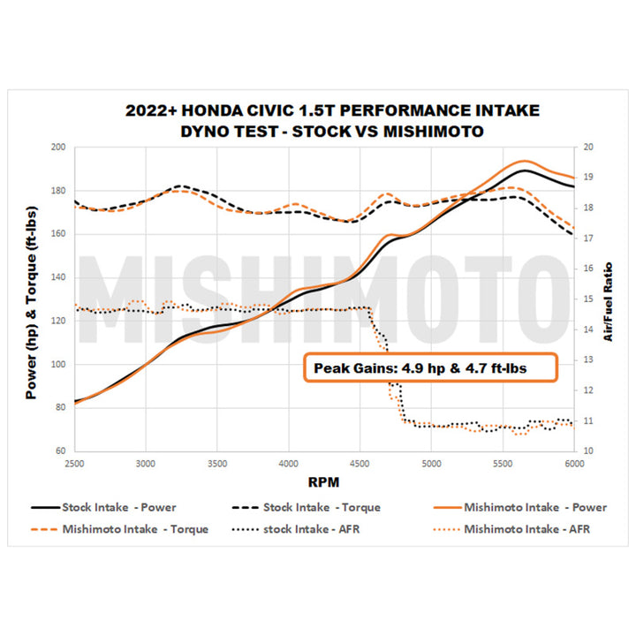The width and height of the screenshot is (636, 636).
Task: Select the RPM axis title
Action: [x=323, y=482]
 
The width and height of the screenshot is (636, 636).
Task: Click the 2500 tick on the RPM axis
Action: [x=74, y=462]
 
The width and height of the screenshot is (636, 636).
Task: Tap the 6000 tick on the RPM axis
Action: [x=574, y=462]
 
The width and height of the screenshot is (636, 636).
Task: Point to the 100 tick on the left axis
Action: [x=57, y=364]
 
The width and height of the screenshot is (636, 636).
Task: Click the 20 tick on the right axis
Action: [x=588, y=148]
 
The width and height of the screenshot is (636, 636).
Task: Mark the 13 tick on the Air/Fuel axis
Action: [x=588, y=360]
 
